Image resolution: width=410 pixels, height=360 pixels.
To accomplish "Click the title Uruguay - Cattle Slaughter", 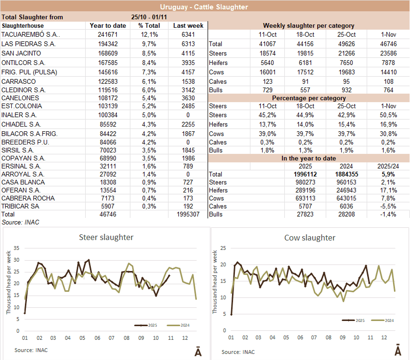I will tap(204, 7).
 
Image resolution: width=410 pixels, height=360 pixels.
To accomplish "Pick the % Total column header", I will tap(149, 25).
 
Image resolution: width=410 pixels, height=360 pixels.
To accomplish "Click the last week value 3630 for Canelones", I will tap(188, 98).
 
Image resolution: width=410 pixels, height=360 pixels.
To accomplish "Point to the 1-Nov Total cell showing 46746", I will tap(388, 44).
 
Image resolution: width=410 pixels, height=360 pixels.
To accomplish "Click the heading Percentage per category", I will tap(308, 98).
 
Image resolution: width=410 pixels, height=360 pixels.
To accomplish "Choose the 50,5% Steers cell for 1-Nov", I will tap(388, 115).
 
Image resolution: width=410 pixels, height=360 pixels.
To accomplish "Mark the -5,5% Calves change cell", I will tap(388, 206).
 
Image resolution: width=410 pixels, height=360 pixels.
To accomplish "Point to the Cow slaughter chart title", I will tap(310, 238).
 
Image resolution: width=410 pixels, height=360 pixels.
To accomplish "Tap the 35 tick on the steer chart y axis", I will tap(16, 248).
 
